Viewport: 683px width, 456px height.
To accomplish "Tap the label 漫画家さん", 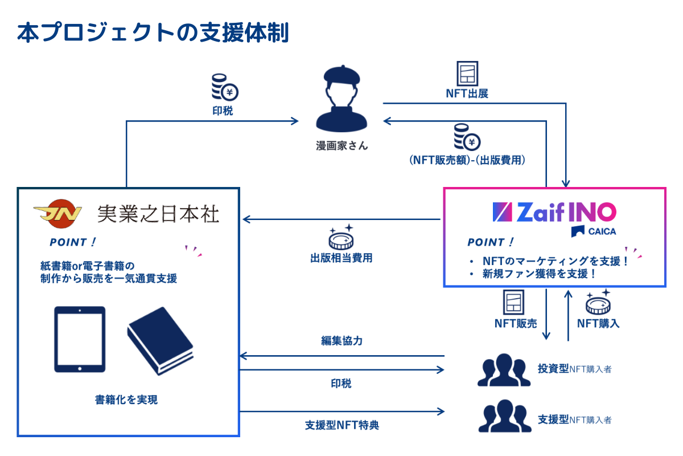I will [x=341, y=146].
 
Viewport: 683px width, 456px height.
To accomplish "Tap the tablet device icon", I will [x=80, y=340].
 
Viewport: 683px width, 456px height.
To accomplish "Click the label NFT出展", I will [x=467, y=93].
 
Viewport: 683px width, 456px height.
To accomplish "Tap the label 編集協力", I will [x=341, y=341].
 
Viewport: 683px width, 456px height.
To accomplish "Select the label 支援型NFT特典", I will [x=341, y=425].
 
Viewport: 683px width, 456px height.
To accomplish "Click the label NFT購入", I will [x=598, y=324].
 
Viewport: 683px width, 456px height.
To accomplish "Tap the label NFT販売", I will [x=516, y=324].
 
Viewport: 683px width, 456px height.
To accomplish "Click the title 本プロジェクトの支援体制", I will [x=153, y=33].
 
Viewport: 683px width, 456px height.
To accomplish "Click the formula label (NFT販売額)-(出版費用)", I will [x=467, y=161].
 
